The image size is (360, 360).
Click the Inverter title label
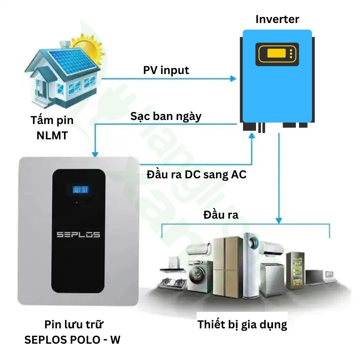click(277, 19)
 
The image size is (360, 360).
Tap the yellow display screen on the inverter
click(276, 53)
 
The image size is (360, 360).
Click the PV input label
click(166, 70)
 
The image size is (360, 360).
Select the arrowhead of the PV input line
click(233, 79)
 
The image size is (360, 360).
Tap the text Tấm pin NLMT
click(52, 128)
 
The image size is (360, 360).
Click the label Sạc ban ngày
click(166, 117)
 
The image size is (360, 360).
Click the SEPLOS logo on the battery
click(78, 235)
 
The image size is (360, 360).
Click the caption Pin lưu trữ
click(74, 324)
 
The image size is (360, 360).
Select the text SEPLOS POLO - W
click(73, 340)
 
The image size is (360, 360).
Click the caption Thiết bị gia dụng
click(242, 324)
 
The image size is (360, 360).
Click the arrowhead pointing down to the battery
click(95, 154)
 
